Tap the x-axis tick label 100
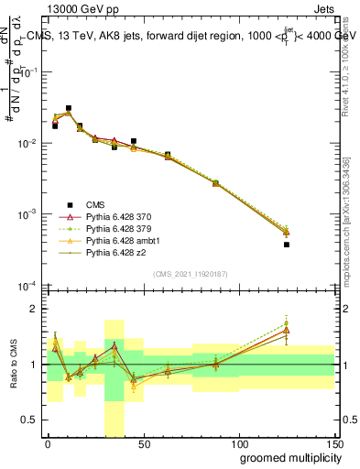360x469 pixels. click(239, 443)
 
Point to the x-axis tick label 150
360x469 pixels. click(334, 443)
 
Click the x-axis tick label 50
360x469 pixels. click(144, 443)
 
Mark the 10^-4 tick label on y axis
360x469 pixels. click(30, 285)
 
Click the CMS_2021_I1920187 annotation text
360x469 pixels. click(189, 274)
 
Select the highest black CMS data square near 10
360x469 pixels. click(69, 108)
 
